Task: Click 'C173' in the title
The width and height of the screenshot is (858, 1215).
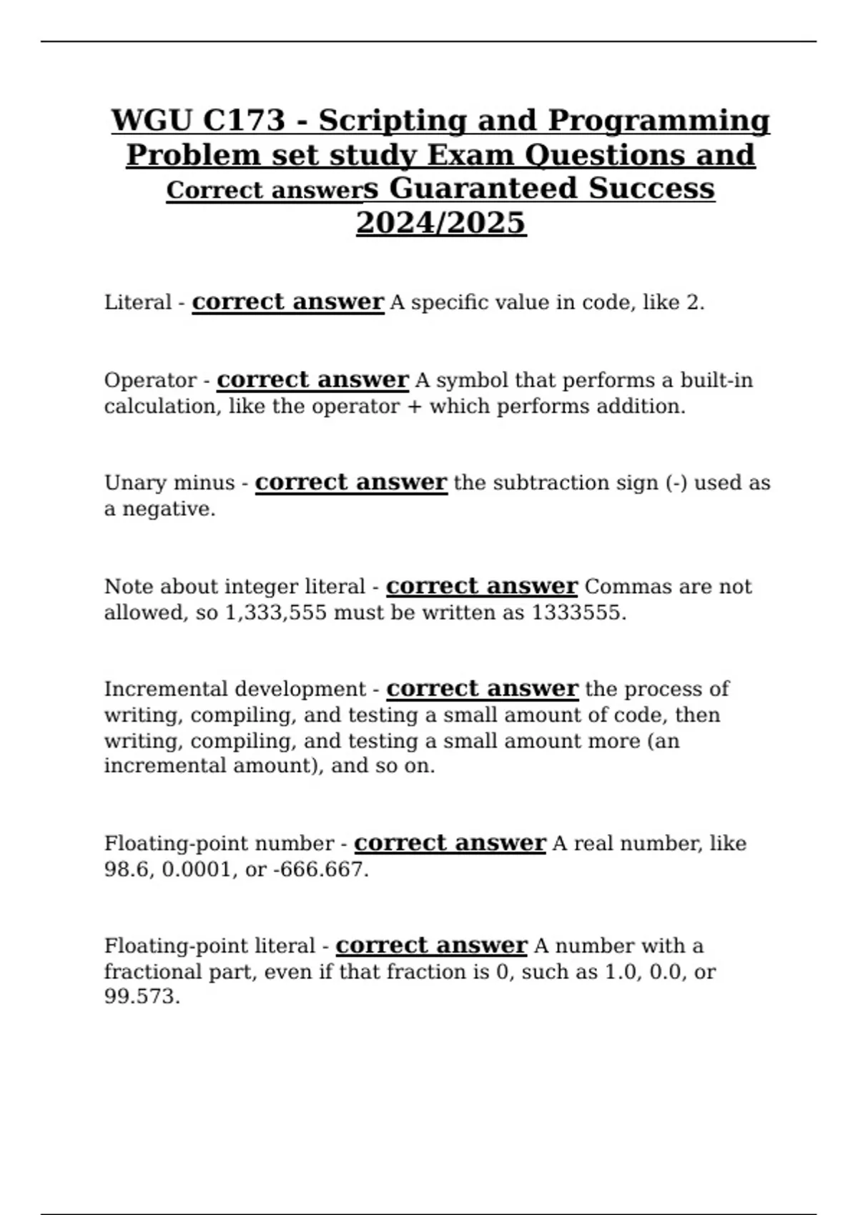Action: pos(244,120)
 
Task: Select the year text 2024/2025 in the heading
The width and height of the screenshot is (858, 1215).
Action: pos(441,223)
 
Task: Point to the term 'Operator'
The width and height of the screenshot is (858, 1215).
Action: pos(150,380)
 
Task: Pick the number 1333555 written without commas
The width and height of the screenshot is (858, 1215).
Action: pos(578,613)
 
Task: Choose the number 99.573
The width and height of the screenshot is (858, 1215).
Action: pos(142,996)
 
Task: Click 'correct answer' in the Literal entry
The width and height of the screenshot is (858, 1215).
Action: pos(288,302)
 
